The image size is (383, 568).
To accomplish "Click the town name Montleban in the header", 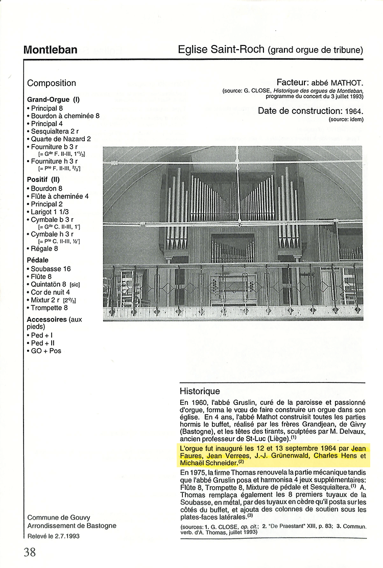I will [50, 50].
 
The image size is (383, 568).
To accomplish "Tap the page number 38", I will [29, 552].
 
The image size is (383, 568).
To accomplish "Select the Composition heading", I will [52, 83].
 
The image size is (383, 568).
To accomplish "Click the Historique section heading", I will [200, 391].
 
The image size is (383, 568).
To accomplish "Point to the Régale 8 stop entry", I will [44, 248].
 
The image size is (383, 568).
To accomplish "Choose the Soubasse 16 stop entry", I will [51, 269].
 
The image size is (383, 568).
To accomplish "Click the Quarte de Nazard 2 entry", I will [61, 139].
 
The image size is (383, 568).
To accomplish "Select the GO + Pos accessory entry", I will [46, 351].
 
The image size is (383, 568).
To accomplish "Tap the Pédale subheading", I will [38, 260].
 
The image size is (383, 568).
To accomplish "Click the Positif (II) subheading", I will [43, 179].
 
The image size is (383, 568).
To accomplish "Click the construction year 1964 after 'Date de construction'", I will [353, 111].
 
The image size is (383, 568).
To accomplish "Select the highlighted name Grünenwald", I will [287, 456].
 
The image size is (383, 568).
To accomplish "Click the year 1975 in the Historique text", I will [198, 472].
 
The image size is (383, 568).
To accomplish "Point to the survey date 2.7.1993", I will [65, 536].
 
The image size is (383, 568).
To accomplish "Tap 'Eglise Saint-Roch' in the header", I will [221, 50].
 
